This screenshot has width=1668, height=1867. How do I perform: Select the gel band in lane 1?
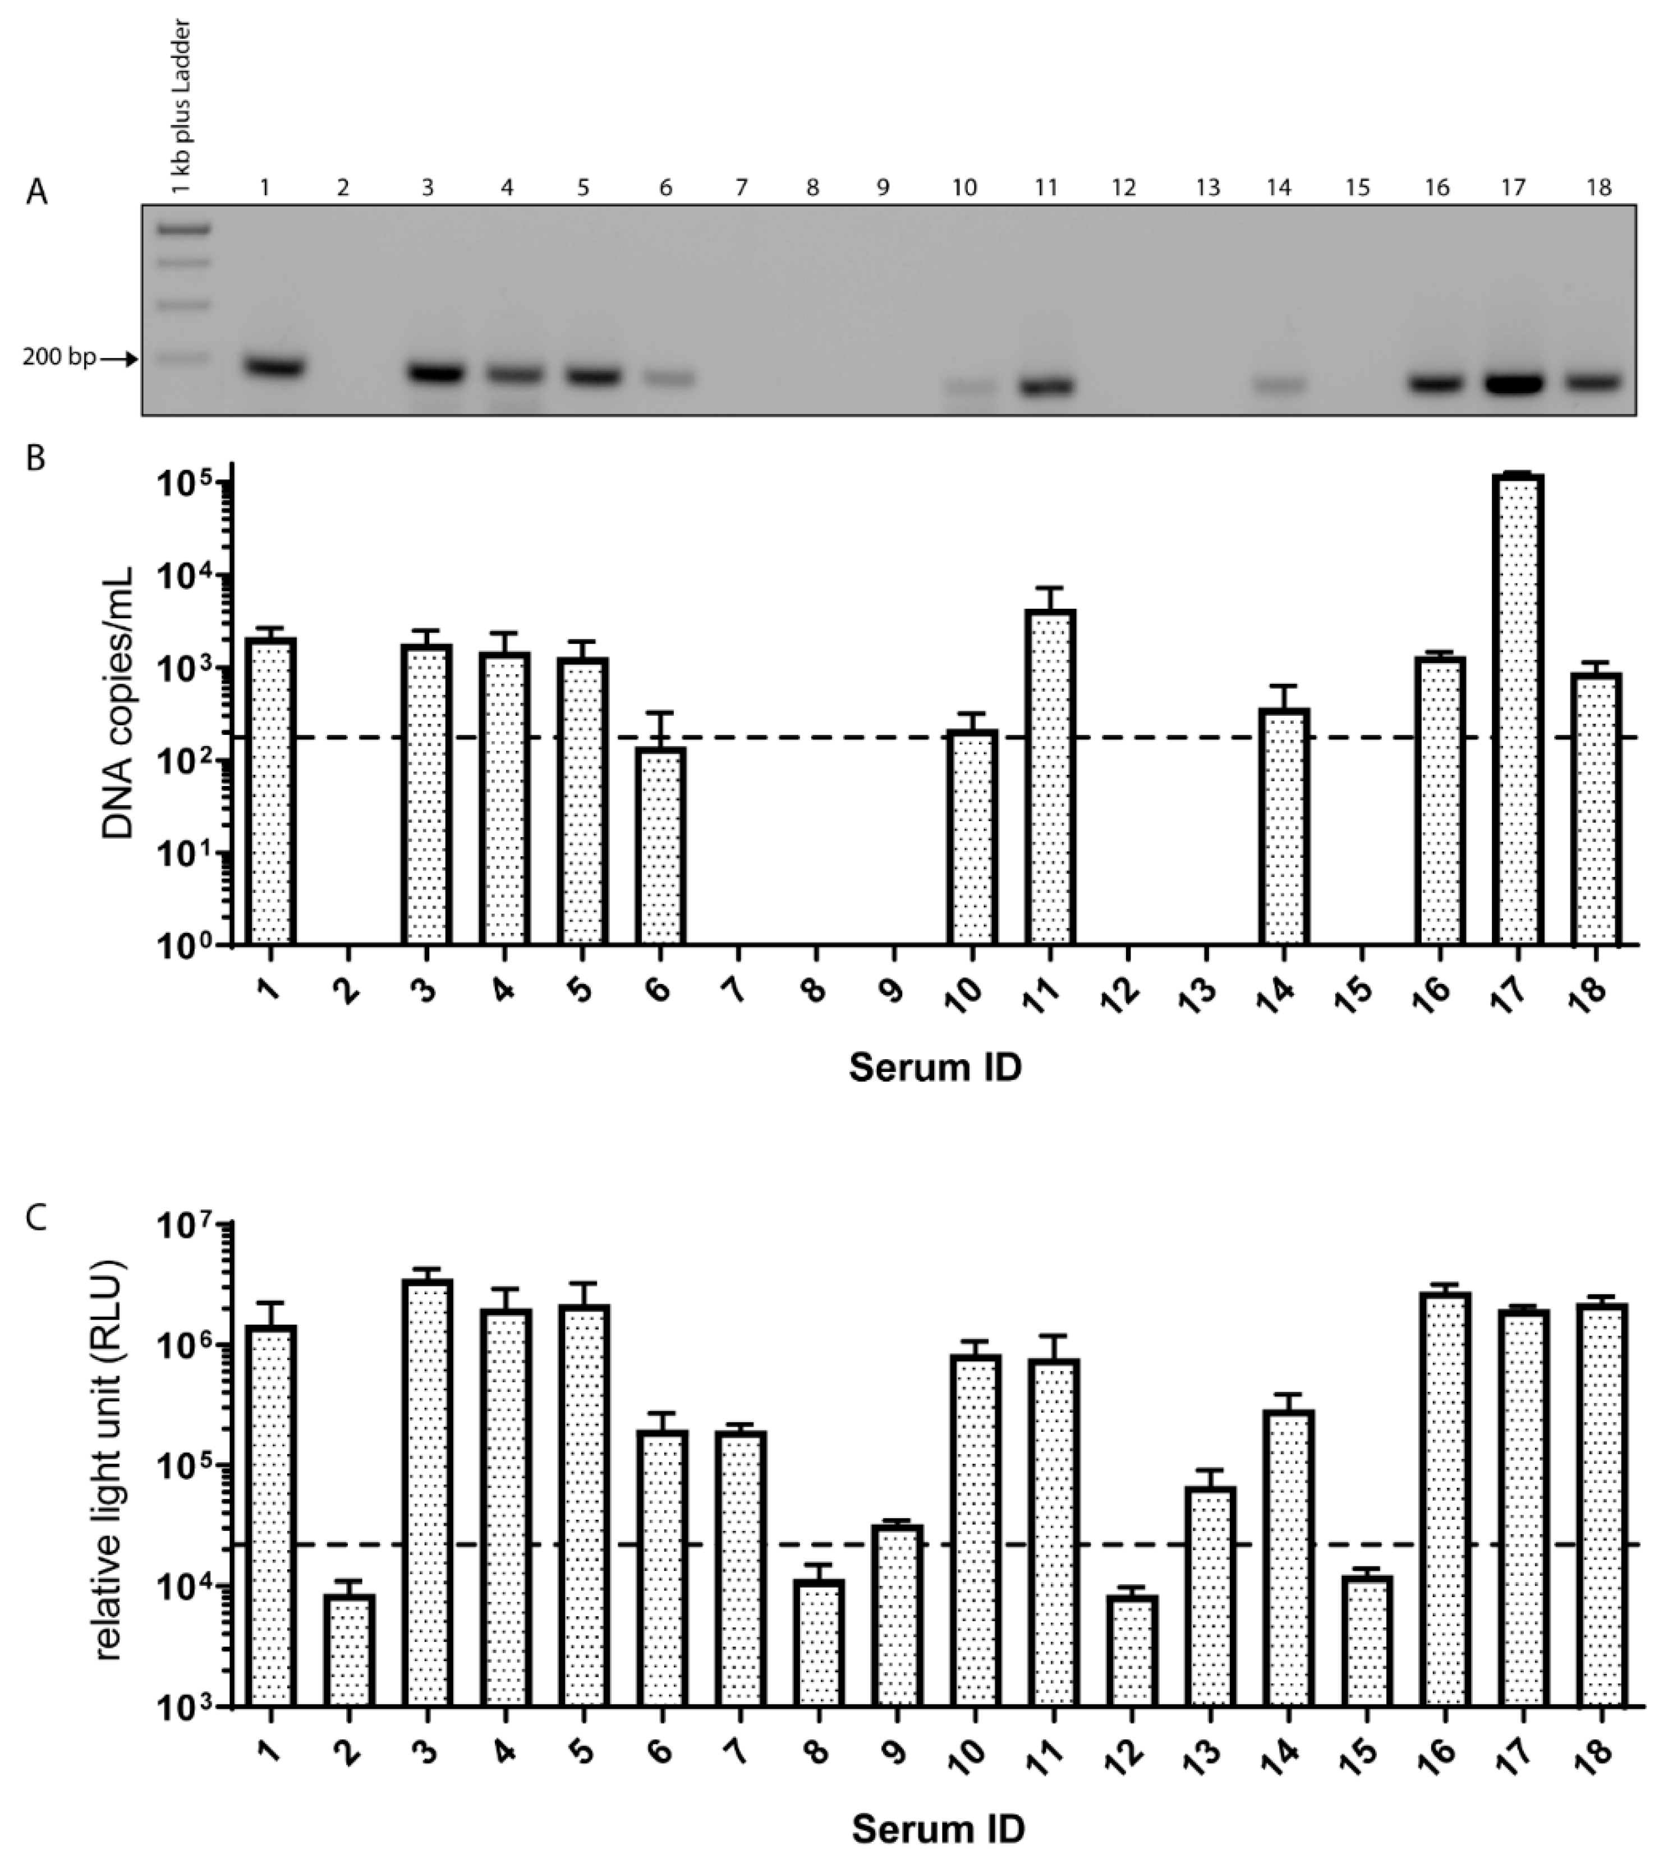tap(274, 367)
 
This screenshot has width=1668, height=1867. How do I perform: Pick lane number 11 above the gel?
tap(1046, 188)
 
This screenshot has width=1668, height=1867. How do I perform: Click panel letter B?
tap(36, 457)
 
